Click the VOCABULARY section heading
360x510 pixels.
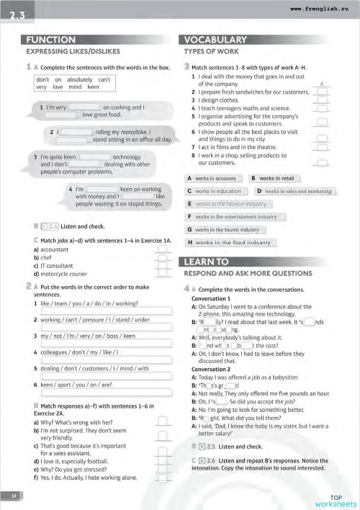(x=215, y=40)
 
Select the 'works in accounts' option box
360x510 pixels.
(x=215, y=178)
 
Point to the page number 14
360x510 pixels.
(x=14, y=496)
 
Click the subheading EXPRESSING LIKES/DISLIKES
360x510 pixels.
(x=73, y=52)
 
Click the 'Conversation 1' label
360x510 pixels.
(x=211, y=297)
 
